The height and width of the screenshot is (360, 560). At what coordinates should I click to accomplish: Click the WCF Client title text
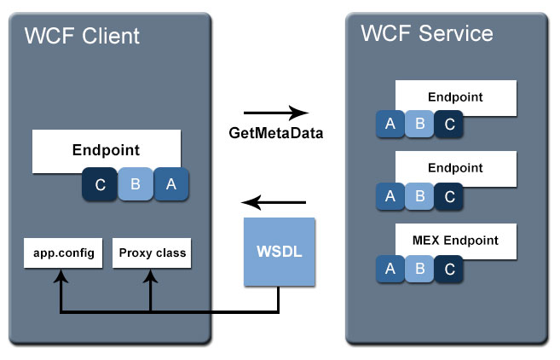coord(82,36)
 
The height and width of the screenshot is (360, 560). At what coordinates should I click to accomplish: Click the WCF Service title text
coord(426,33)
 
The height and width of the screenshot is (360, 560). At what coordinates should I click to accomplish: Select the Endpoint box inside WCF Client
coord(106,150)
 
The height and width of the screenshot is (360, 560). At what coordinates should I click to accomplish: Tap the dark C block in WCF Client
coord(100,184)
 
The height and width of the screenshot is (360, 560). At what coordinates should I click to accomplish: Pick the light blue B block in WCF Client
coord(135,184)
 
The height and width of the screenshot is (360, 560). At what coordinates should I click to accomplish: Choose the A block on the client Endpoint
coord(170,184)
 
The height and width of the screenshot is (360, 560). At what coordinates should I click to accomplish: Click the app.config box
coord(60,253)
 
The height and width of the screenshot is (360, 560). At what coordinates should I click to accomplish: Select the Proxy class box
coord(151,253)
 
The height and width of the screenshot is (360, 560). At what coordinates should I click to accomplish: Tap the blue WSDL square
coord(279,252)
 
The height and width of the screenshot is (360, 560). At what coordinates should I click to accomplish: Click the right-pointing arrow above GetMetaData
coord(274,113)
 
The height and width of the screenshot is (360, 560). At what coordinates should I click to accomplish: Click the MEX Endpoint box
coord(456,240)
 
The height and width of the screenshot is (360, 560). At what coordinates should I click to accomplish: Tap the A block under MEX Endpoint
coord(390,269)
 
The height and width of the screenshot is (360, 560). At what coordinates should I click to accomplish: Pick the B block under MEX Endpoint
coord(419,269)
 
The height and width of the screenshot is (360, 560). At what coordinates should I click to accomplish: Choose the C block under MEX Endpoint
coord(448,269)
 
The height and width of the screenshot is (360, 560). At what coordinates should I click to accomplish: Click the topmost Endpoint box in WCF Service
coord(456,97)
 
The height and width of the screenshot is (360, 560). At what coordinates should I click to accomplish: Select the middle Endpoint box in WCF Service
coord(456,169)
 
